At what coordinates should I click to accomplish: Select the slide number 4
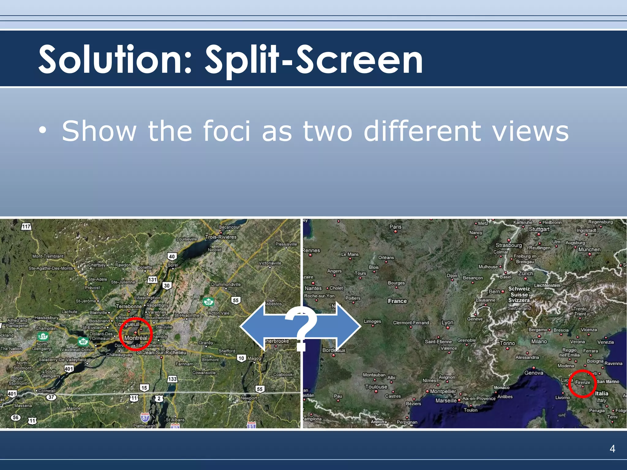612,449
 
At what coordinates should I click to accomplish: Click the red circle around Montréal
136,334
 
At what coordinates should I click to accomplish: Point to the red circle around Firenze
582,384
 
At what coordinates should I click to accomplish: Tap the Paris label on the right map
395,227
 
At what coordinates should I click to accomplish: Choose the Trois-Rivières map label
221,237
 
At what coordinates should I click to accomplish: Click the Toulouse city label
376,387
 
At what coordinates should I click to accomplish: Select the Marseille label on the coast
446,401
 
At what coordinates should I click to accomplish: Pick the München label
589,250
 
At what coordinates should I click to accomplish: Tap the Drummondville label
226,285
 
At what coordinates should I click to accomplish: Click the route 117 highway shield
26,227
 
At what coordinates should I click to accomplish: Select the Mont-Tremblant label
48,256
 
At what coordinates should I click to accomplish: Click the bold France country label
397,301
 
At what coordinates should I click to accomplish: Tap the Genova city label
534,373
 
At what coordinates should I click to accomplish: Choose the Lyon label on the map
447,323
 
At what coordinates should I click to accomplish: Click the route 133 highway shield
172,379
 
